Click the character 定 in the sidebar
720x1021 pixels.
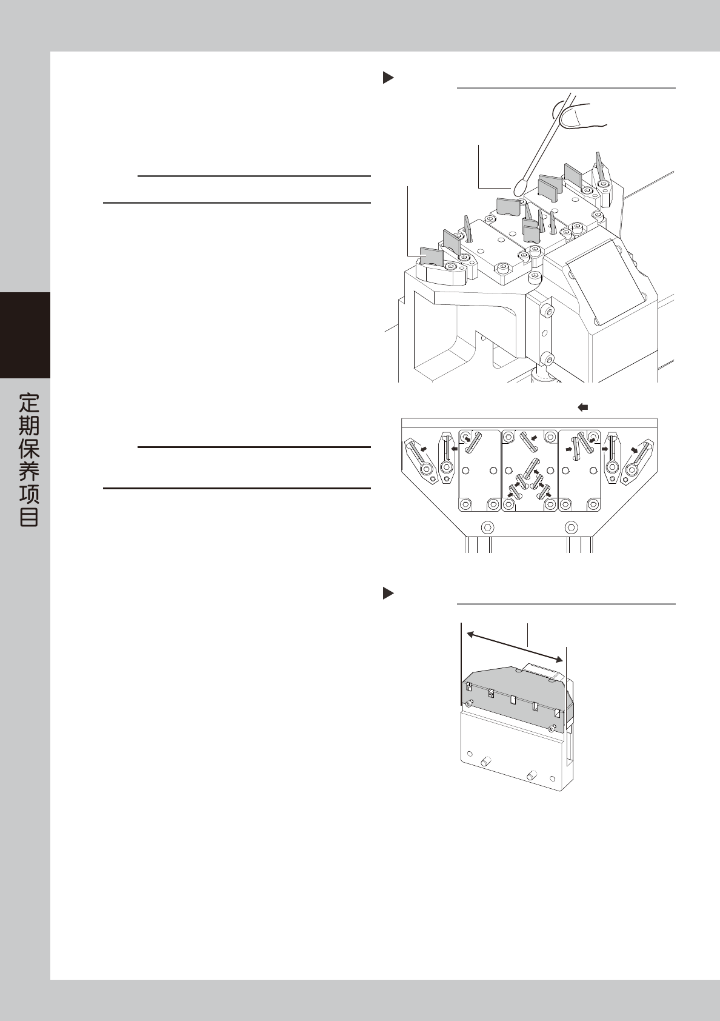point(28,403)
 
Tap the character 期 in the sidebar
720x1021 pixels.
point(28,426)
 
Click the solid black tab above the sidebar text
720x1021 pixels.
point(25,335)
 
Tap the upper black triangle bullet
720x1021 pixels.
point(388,78)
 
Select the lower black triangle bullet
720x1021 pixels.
point(388,594)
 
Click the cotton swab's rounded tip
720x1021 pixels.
point(520,187)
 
